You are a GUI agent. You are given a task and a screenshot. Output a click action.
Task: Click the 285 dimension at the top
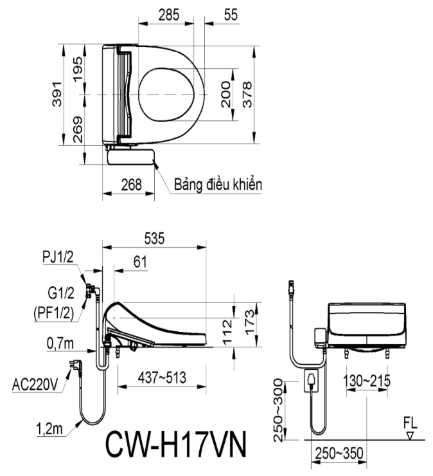click(x=169, y=15)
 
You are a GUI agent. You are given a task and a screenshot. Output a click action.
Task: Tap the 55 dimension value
click(x=231, y=15)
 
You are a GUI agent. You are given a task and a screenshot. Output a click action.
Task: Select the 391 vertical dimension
click(x=57, y=94)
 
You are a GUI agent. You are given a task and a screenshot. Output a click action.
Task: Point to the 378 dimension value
click(x=248, y=95)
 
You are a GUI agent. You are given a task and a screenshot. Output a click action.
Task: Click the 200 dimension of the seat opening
click(x=227, y=95)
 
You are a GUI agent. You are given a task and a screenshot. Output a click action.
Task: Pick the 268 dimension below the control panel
click(x=131, y=185)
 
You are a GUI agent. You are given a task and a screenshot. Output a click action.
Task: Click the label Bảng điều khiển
click(x=218, y=184)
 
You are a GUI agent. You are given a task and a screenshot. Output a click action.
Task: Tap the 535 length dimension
click(x=154, y=238)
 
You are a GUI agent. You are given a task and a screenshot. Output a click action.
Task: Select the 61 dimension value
click(x=140, y=262)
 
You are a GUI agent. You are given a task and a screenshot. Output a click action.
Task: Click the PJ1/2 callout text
click(x=58, y=257)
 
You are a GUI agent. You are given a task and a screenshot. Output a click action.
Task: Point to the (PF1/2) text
click(x=54, y=313)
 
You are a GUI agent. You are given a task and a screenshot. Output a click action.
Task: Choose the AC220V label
click(x=35, y=385)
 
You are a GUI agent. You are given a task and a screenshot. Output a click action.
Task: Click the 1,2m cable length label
click(x=49, y=429)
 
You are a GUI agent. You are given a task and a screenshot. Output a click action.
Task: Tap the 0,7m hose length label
click(x=60, y=343)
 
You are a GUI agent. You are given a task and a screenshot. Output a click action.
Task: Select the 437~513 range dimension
click(x=162, y=378)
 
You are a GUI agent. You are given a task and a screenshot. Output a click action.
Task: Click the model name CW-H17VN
click(x=175, y=444)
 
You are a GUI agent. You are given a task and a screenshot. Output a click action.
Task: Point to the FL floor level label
click(x=411, y=423)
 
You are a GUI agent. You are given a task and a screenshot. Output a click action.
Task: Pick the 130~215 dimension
click(x=367, y=381)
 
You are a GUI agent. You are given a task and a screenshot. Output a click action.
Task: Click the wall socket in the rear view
click(x=312, y=381)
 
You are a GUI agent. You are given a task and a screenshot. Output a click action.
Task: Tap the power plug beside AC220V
click(x=74, y=365)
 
